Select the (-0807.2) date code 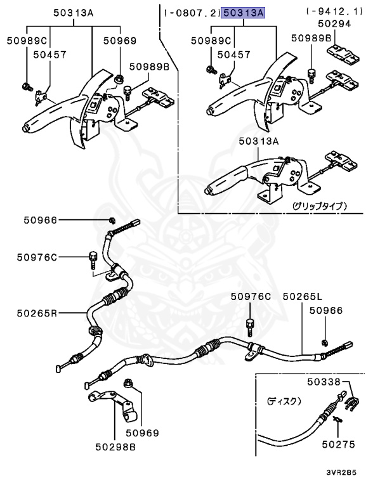(x=190, y=12)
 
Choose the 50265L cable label (x=303, y=296)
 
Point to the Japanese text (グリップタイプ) (x=319, y=206)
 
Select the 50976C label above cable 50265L (x=250, y=296)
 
